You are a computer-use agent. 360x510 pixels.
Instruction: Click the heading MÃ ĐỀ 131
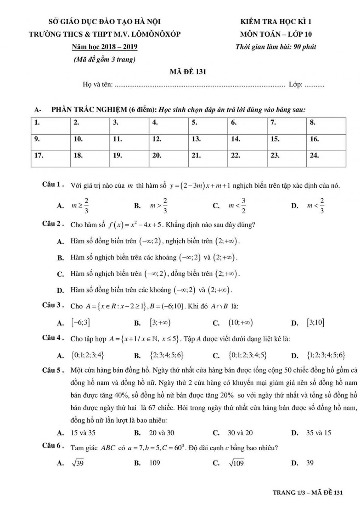click(x=188, y=72)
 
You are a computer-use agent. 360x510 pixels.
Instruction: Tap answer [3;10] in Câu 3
click(x=316, y=323)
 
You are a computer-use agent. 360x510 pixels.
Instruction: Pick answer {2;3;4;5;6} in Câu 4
click(x=166, y=356)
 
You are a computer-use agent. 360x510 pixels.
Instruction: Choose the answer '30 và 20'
click(x=240, y=433)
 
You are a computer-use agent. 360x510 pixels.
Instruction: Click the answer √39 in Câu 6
click(x=78, y=463)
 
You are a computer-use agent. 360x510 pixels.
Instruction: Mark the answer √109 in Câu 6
click(x=236, y=463)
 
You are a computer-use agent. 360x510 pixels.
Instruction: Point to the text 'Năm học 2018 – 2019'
click(x=105, y=47)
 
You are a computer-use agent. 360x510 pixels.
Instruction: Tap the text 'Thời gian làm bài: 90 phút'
click(x=276, y=47)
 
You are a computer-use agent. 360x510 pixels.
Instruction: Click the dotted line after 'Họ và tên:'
click(x=200, y=85)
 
